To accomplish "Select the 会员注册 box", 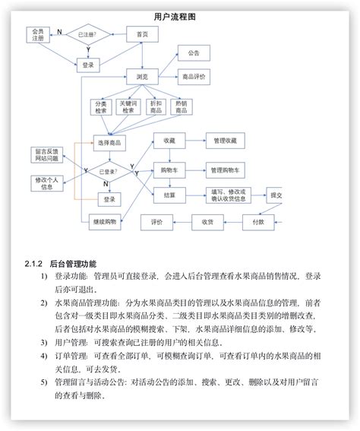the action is [x=38, y=36].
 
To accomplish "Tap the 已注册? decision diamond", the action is [x=88, y=34].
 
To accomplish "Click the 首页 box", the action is [x=142, y=34].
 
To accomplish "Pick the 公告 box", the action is [x=194, y=52].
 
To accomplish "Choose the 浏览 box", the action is [x=142, y=77].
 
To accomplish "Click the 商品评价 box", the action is [x=194, y=77].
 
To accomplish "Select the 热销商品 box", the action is [x=182, y=107].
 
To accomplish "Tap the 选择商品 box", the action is [x=109, y=142].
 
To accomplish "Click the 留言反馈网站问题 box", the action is [x=47, y=154].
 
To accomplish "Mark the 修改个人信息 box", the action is [x=47, y=183].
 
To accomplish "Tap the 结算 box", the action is [x=169, y=195].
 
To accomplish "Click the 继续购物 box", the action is [x=104, y=222].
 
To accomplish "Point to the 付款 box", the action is [x=258, y=222].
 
